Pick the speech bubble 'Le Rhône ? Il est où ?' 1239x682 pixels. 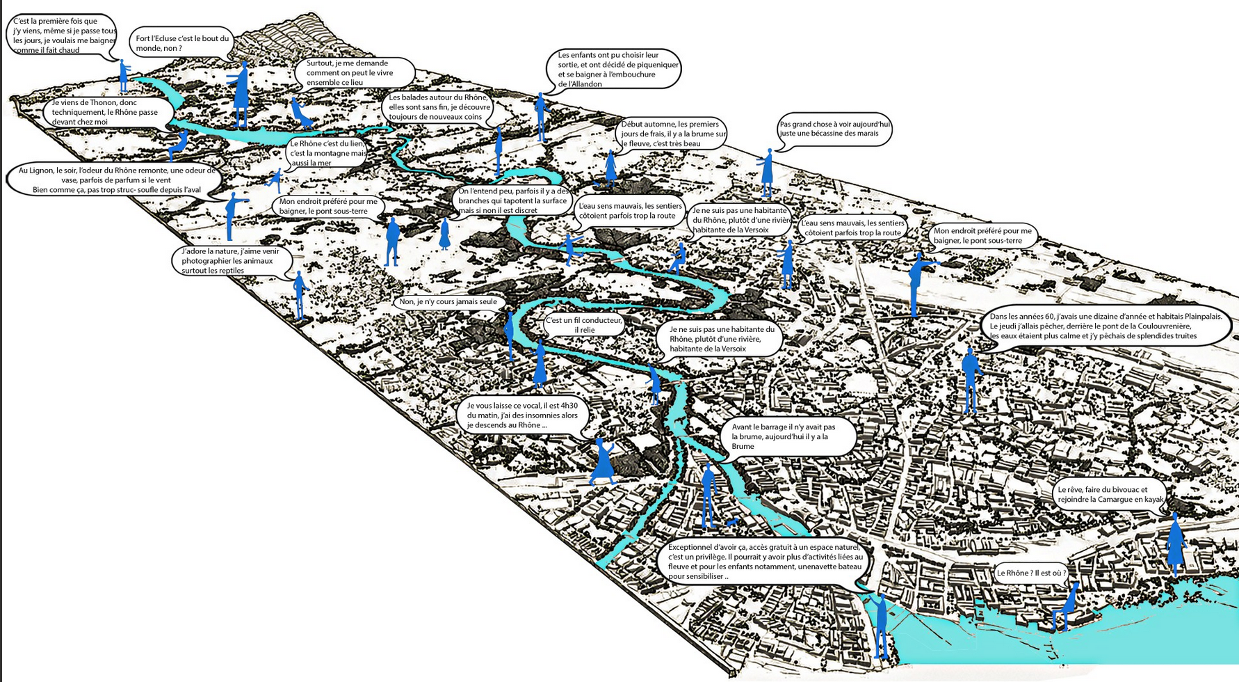(x=1031, y=573)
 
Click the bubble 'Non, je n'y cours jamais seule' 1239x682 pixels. (x=448, y=302)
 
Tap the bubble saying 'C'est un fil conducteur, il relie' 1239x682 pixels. (x=583, y=325)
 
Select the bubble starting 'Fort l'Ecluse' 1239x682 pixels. (x=182, y=43)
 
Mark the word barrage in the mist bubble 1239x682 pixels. (x=781, y=427)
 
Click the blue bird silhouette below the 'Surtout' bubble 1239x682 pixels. (x=301, y=114)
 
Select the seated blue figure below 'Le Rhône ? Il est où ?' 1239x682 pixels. (x=1064, y=609)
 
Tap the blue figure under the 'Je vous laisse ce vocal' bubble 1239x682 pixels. (x=603, y=461)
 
